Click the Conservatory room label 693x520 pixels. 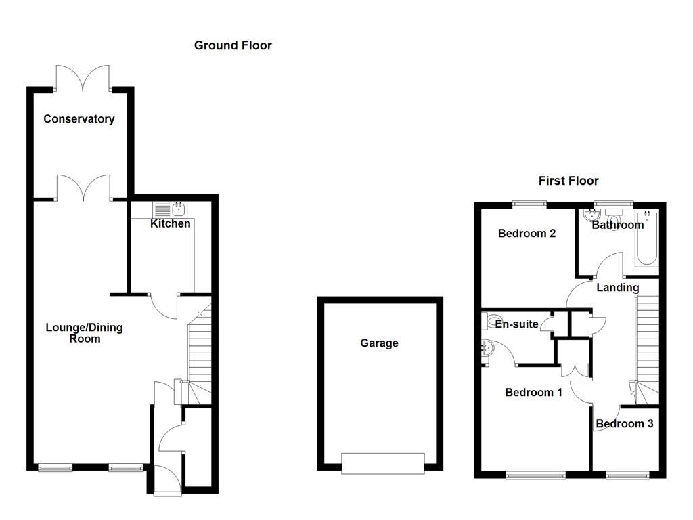pyautogui.click(x=79, y=119)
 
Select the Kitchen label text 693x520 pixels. pyautogui.click(x=170, y=223)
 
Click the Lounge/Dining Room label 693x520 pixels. pyautogui.click(x=84, y=333)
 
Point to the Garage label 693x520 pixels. pyautogui.click(x=379, y=343)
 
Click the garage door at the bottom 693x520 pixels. pyautogui.click(x=383, y=463)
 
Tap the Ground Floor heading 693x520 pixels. pyautogui.click(x=233, y=45)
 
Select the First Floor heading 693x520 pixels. pyautogui.click(x=568, y=181)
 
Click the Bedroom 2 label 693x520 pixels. pyautogui.click(x=527, y=234)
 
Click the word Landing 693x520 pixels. pyautogui.click(x=617, y=288)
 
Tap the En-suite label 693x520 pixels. pyautogui.click(x=517, y=324)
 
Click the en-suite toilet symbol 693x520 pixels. pyautogui.click(x=493, y=319)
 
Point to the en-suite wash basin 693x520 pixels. pyautogui.click(x=488, y=348)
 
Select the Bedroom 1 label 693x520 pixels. pyautogui.click(x=533, y=393)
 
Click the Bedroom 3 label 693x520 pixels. pyautogui.click(x=624, y=424)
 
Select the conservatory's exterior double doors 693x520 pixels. pyautogui.click(x=83, y=77)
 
